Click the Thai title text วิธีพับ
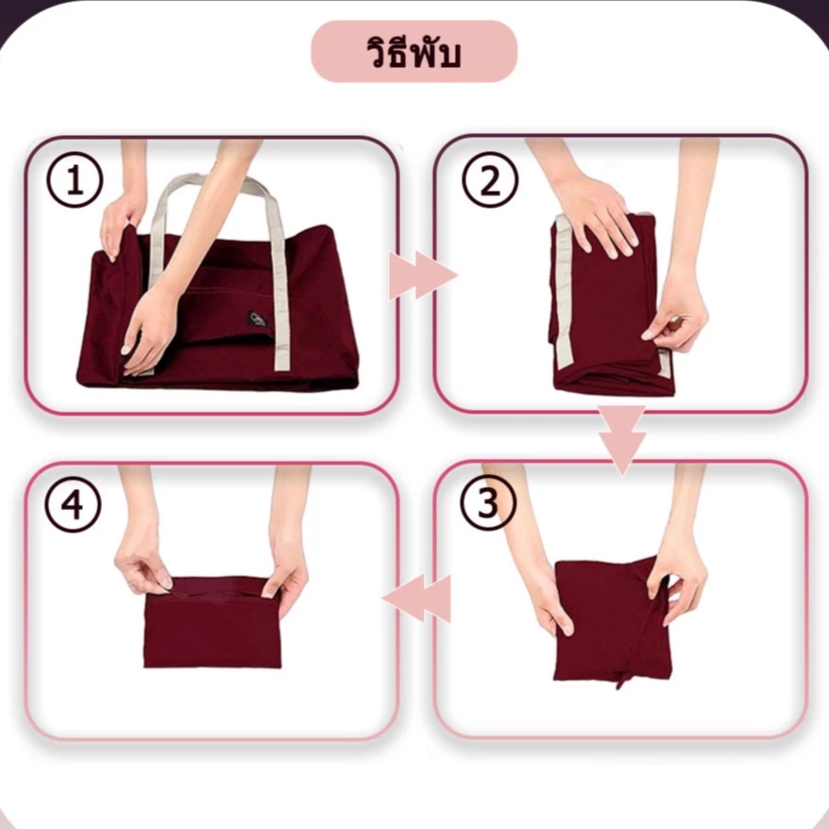[x=414, y=52]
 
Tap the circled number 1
[x=74, y=179]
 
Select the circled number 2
[x=490, y=179]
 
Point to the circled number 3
[x=487, y=503]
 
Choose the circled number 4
[x=73, y=504]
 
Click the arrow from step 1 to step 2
[x=423, y=276]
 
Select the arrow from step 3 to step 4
[x=417, y=599]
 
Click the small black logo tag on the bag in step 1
[x=257, y=319]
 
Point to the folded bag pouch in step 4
[x=212, y=622]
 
